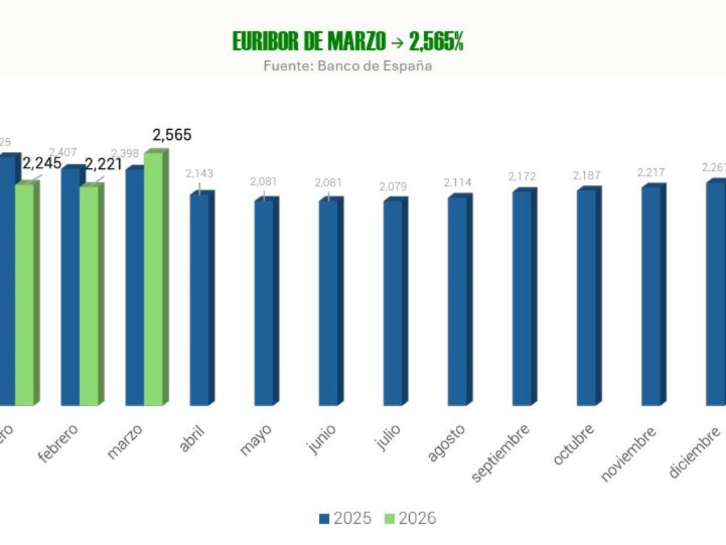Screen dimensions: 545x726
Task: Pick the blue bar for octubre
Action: click(x=586, y=297)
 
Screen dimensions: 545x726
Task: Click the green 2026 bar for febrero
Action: click(x=89, y=295)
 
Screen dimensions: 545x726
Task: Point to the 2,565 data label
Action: click(x=172, y=135)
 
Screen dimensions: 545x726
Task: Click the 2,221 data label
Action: click(x=104, y=165)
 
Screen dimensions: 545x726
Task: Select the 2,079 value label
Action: click(x=393, y=187)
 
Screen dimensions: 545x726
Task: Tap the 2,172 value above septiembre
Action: click(x=522, y=176)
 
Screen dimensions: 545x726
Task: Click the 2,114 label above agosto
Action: click(x=457, y=182)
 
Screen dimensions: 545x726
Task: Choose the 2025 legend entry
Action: click(x=345, y=519)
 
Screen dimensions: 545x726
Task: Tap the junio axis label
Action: click(x=320, y=440)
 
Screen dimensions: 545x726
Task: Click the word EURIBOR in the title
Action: click(x=266, y=42)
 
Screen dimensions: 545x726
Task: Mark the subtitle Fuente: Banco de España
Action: click(x=347, y=66)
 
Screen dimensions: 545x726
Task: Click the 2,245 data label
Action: click(x=42, y=165)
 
